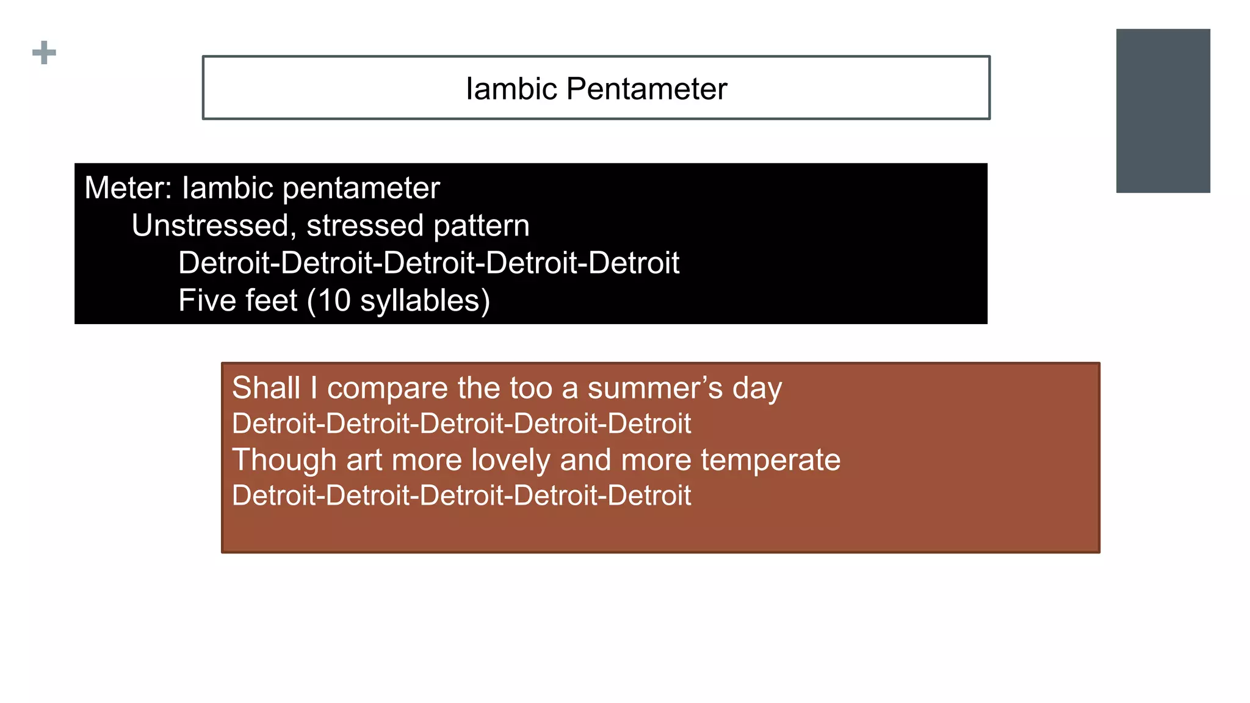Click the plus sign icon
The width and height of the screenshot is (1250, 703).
coord(44,52)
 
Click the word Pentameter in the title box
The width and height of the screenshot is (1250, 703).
coord(646,89)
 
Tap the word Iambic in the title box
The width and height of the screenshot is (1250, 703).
coord(511,89)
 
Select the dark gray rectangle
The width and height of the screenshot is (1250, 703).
coord(1163,110)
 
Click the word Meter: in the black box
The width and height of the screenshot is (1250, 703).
coord(128,188)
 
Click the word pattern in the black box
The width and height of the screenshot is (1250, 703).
coord(482,226)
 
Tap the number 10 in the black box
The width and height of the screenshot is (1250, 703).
coord(334,301)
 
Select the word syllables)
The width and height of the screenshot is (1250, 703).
coord(425,301)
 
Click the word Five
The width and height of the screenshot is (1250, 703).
coord(208,301)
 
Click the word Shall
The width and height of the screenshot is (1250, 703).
coord(266,388)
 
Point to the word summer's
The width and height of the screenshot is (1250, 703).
coord(655,389)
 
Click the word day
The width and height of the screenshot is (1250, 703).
coord(757,389)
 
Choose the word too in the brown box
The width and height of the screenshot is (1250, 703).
coord(531,389)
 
